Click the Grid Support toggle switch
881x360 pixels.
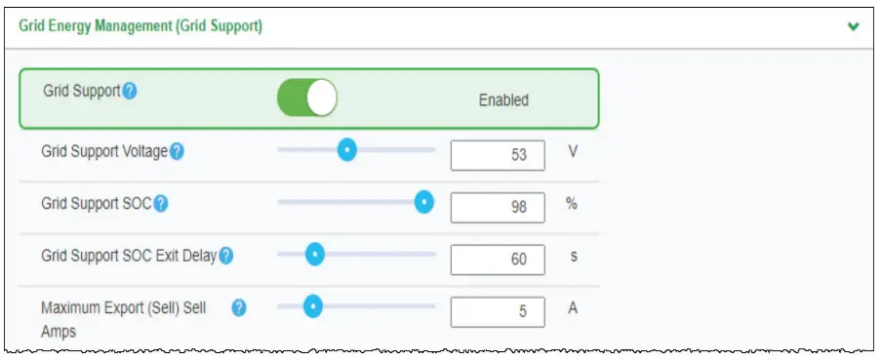(307, 98)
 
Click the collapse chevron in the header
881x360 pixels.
(854, 26)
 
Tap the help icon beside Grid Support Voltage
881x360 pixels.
(177, 152)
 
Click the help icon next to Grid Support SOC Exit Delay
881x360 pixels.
(225, 256)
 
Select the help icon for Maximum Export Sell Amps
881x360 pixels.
(239, 307)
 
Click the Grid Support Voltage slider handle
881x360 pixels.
(346, 150)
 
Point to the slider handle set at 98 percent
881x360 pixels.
(423, 202)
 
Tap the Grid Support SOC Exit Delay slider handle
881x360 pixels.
(314, 254)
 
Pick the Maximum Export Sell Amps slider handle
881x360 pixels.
(312, 306)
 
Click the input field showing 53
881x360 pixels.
(498, 155)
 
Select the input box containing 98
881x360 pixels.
(498, 207)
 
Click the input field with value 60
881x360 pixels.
(498, 259)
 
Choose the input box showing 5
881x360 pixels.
(498, 311)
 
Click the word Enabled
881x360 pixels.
(503, 100)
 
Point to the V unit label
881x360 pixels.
(574, 151)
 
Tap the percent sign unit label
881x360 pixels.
(573, 203)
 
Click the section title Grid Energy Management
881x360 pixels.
(140, 26)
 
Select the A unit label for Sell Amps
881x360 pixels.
(574, 307)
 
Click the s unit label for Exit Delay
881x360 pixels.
(574, 256)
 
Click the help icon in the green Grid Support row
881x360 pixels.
(129, 91)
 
